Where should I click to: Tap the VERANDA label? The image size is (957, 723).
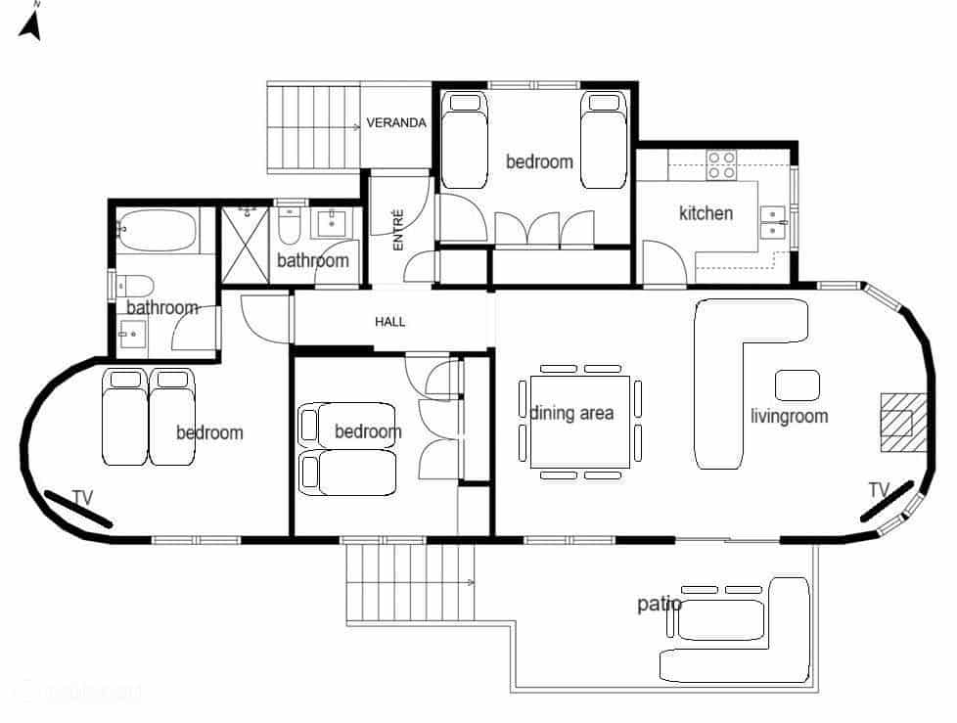coord(395,123)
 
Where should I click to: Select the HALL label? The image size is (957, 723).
coord(389,322)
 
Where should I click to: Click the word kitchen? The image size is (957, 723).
coord(706,213)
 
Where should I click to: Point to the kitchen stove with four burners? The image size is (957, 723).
coord(722,164)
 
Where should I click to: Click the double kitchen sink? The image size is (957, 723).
coord(773,222)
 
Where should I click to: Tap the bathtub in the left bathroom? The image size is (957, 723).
coord(157,232)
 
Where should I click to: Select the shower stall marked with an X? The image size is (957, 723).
coord(245,241)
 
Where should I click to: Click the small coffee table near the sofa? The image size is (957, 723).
coord(797,384)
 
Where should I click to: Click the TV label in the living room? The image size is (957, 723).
coord(878,489)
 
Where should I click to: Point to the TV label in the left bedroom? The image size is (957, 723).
coord(82,498)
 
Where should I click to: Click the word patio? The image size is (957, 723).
coord(659,604)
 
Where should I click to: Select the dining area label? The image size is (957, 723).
coord(572,413)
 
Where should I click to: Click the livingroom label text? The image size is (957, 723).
coord(789,416)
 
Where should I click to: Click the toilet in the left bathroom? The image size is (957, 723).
coord(135,286)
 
